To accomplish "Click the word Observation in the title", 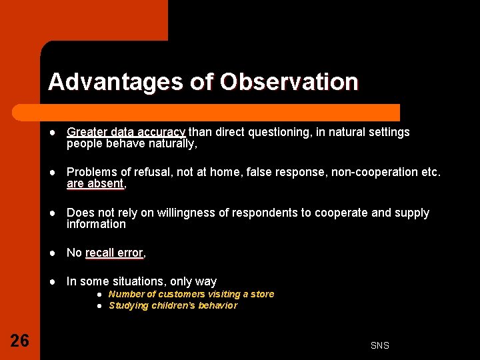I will (x=289, y=82).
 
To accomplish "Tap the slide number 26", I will (x=20, y=341).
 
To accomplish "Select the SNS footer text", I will (x=380, y=345).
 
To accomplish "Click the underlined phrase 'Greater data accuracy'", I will (x=126, y=132).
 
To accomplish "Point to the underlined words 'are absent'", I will (x=95, y=183).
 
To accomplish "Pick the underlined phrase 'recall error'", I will (x=114, y=253).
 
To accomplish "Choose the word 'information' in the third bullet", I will (x=96, y=224).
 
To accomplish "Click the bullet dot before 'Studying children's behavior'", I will (x=98, y=305).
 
